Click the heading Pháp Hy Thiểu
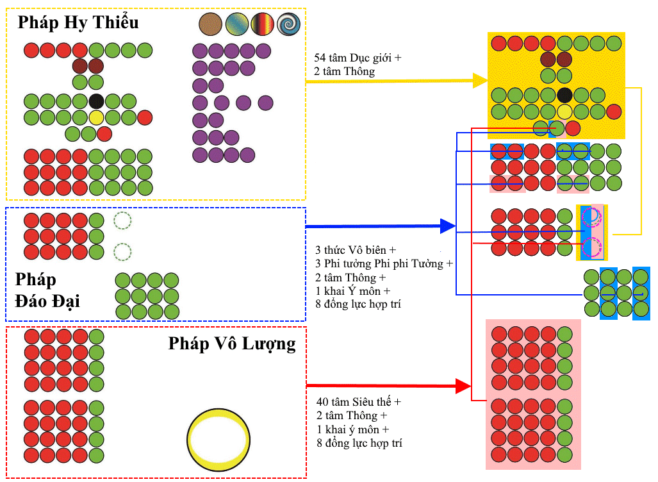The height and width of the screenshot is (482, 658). coord(78,22)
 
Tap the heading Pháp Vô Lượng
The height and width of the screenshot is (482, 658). coord(232,344)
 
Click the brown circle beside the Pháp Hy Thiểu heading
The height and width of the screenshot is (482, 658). coord(210,24)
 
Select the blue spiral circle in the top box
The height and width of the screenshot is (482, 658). coord(289,24)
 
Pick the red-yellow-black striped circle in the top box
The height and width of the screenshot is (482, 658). coord(262,24)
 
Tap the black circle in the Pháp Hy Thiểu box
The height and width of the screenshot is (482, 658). coord(96,101)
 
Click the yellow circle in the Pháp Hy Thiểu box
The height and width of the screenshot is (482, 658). coord(96,117)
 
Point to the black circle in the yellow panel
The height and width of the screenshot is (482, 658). coord(564,96)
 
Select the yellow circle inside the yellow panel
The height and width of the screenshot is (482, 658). coord(564,112)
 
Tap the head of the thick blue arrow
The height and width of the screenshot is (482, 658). coord(448,226)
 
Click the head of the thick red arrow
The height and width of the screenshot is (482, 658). coord(463,386)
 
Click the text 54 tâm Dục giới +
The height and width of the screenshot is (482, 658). coord(358,58)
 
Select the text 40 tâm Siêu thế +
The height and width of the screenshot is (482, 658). coord(359,402)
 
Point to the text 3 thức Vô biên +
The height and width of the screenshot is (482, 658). coord(356,250)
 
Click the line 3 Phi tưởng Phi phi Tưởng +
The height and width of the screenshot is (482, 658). coord(384,263)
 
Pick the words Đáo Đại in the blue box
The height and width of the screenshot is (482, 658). coord(47,301)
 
